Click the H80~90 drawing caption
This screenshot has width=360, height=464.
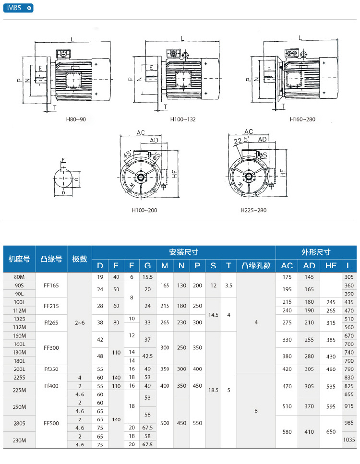click(x=76, y=119)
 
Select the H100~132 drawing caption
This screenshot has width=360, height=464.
click(x=183, y=119)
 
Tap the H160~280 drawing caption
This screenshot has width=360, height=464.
click(x=302, y=119)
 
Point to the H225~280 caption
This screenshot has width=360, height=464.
click(x=253, y=210)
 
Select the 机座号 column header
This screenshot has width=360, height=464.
click(x=19, y=259)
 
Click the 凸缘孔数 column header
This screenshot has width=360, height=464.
click(x=256, y=266)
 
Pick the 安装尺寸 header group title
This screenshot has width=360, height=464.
click(x=183, y=252)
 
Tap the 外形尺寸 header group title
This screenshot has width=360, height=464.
click(x=315, y=252)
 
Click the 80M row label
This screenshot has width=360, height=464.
click(x=19, y=277)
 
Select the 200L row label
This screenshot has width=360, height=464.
click(x=19, y=369)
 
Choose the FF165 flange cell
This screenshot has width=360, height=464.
click(x=51, y=285)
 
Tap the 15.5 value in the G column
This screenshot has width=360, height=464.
click(x=147, y=277)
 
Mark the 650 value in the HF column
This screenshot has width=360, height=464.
click(x=331, y=432)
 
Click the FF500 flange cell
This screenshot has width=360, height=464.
click(x=51, y=423)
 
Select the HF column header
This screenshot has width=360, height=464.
click(x=331, y=266)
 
